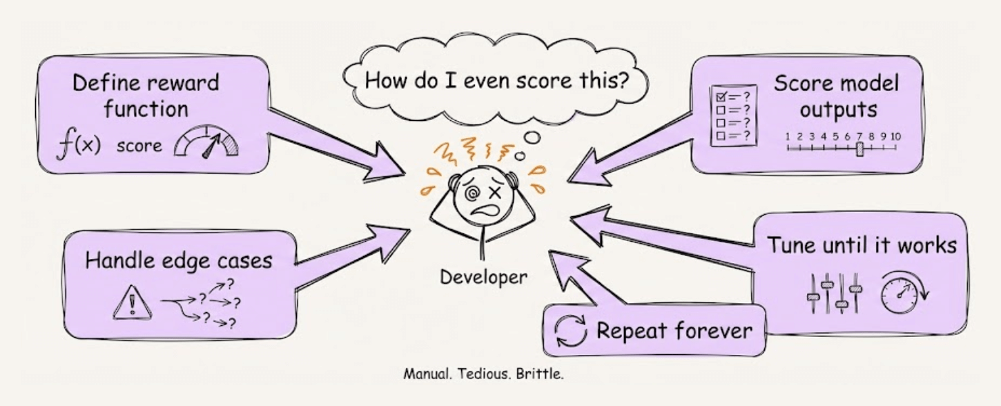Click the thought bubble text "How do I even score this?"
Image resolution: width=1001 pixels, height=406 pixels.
[x=496, y=79]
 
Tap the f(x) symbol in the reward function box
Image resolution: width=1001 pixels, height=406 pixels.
[x=78, y=146]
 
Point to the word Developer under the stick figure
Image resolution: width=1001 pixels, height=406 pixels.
[x=483, y=277]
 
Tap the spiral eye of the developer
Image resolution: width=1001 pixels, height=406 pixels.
[x=475, y=195]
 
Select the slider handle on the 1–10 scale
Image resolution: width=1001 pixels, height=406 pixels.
[x=859, y=149]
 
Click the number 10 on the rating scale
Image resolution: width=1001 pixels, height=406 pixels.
[x=895, y=136]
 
